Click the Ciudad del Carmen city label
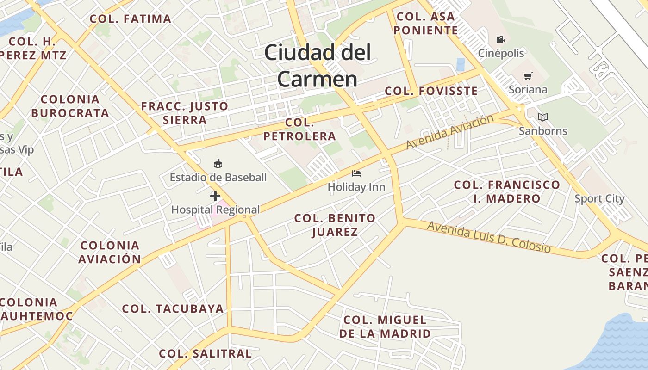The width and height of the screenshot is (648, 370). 318,65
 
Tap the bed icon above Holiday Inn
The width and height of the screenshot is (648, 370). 356,173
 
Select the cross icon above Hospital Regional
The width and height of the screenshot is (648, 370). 215,196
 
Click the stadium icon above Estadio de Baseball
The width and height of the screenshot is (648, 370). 218,163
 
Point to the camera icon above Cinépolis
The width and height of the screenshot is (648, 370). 500,39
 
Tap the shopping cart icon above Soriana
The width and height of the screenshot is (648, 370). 528,76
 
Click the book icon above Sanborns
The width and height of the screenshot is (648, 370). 542,117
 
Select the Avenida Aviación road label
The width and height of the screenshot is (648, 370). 450,132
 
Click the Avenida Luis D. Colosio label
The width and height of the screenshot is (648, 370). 489,237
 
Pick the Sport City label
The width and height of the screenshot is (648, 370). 599,199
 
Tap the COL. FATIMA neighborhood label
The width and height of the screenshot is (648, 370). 131,19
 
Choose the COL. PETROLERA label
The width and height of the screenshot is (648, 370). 300,129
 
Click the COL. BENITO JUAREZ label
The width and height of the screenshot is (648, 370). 335,225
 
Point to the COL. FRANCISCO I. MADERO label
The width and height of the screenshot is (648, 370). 507,192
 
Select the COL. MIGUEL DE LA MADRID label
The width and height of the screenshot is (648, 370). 385,327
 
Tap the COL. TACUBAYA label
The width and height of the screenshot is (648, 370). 173,308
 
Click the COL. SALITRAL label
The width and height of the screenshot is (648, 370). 205,354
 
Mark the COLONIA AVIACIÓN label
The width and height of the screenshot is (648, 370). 110,252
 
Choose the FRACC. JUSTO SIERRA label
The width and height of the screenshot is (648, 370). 185,113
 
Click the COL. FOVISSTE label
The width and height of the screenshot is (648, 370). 431,91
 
